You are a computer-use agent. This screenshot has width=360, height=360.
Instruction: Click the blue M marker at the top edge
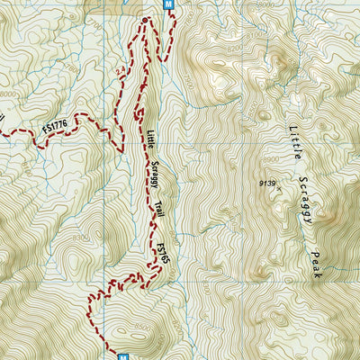(168, 4)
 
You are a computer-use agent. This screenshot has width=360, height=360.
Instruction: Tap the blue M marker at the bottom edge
(122, 355)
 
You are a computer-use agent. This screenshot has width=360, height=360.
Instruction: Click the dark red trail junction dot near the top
(145, 19)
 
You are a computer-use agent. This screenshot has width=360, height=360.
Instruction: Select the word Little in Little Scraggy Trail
(150, 138)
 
